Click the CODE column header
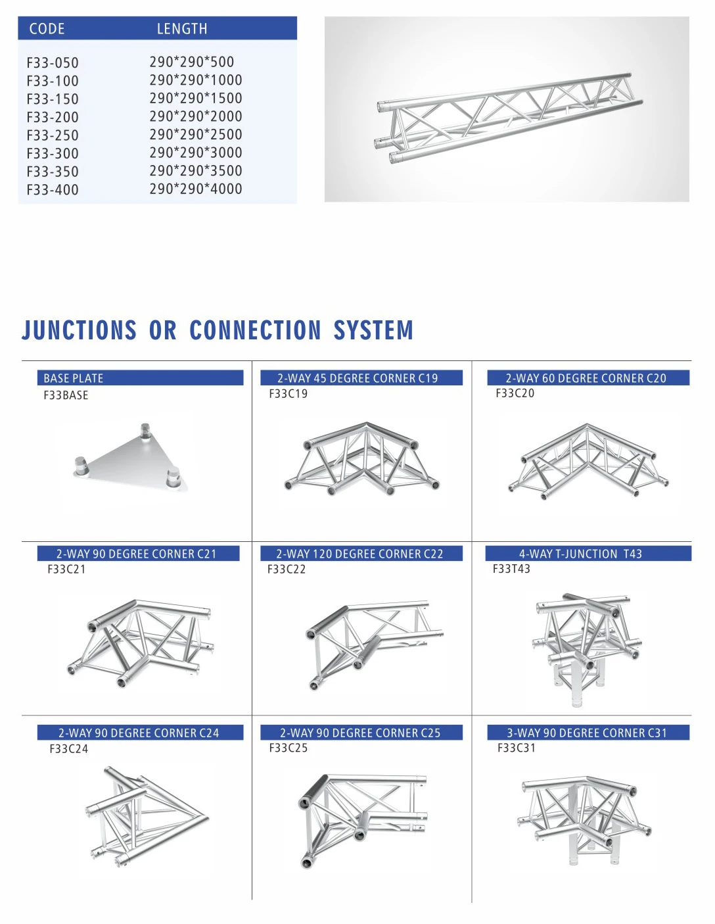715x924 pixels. point(47,29)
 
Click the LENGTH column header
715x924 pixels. point(182,29)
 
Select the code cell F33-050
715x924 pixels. point(53,63)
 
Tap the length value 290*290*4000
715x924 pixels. point(196,189)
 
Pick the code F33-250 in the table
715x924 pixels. point(53,135)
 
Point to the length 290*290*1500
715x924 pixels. point(196,99)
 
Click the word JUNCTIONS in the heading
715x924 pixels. point(80,330)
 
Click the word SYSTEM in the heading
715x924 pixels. point(373,330)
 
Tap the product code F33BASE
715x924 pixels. point(66,395)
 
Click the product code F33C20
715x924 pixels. point(515,393)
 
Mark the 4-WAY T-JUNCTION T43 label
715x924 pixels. point(580,554)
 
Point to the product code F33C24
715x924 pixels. point(68,748)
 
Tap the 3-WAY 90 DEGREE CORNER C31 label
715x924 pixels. point(587,733)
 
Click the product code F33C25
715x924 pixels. point(288,748)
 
